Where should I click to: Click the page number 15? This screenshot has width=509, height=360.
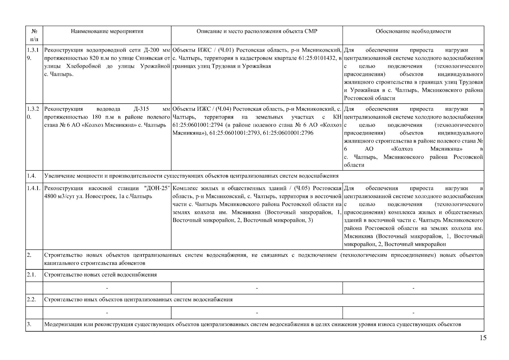[483, 338]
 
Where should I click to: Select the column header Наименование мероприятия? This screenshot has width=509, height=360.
[107, 31]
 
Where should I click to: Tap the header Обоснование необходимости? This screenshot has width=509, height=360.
[413, 31]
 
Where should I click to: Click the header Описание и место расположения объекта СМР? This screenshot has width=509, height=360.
[257, 31]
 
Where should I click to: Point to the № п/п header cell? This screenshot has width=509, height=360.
[34, 35]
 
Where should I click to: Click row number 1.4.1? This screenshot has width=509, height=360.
[34, 188]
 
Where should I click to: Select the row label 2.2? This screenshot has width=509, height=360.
[31, 299]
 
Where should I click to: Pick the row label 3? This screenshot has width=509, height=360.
[29, 324]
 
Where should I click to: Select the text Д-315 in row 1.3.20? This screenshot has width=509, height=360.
[141, 109]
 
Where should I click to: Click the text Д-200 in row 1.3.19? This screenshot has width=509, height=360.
[153, 50]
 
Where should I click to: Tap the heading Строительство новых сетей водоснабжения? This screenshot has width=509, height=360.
[100, 274]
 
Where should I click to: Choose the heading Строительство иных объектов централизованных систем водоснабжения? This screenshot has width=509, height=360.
[138, 299]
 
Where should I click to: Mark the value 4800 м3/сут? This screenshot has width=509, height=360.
[59, 196]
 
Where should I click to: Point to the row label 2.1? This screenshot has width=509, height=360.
[31, 274]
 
